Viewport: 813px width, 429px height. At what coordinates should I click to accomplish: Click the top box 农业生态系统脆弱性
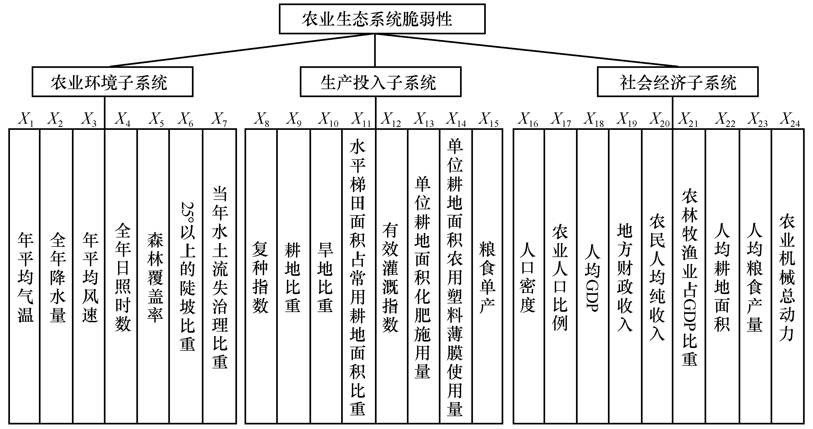pyautogui.click(x=382, y=19)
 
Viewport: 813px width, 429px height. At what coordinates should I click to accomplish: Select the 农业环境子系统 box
pyautogui.click(x=112, y=82)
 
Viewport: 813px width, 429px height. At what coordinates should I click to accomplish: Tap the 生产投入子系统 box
pyautogui.click(x=380, y=82)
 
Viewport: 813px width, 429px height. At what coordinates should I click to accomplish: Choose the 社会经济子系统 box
pyautogui.click(x=678, y=82)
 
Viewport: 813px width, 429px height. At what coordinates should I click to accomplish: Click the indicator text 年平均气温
pyautogui.click(x=25, y=278)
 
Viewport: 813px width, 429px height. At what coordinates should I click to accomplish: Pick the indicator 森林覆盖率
pyautogui.click(x=155, y=278)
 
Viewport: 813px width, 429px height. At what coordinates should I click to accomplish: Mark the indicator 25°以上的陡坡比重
pyautogui.click(x=187, y=276)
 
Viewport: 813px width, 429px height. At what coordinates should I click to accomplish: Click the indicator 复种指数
pyautogui.click(x=260, y=278)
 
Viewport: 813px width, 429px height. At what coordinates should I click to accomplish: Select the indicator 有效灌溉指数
pyautogui.click(x=391, y=278)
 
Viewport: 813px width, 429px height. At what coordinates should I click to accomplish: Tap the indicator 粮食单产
pyautogui.click(x=487, y=278)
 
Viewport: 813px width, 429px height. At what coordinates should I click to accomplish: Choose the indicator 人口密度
pyautogui.click(x=527, y=278)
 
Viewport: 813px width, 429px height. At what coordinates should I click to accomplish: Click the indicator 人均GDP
pyautogui.click(x=592, y=278)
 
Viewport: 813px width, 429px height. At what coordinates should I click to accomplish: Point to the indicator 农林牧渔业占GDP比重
pyautogui.click(x=689, y=278)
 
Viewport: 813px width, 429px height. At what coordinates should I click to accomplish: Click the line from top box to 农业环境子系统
pyautogui.click(x=243, y=50)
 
